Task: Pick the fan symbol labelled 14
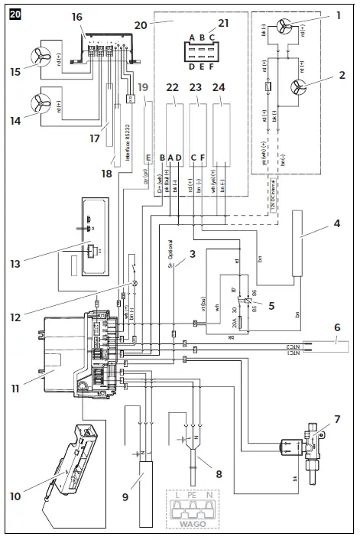coord(42,103)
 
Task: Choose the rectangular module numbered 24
coord(224,124)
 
